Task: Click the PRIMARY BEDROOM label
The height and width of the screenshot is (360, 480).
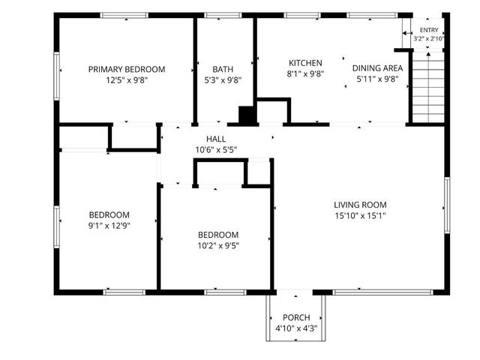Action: [127, 70]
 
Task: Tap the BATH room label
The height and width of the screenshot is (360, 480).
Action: [223, 70]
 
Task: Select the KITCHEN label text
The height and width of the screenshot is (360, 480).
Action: [305, 63]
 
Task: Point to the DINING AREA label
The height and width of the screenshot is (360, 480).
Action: [377, 68]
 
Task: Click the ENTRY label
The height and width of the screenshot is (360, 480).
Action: [429, 30]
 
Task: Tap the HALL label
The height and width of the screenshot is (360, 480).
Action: [216, 139]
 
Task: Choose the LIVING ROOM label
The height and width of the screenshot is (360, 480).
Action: [360, 205]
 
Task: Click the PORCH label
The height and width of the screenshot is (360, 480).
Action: [296, 317]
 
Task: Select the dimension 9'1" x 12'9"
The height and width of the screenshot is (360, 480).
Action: [109, 226]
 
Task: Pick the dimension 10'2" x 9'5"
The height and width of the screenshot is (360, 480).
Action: [218, 246]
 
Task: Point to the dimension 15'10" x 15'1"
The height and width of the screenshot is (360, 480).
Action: [360, 216]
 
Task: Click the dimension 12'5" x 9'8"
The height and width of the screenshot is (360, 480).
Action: [127, 80]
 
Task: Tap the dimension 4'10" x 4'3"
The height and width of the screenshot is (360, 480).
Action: [296, 328]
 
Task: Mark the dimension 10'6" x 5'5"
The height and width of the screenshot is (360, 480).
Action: [216, 150]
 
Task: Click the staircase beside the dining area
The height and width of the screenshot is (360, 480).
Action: [428, 87]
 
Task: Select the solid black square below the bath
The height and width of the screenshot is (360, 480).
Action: [247, 115]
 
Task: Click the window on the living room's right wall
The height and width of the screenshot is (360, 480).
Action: [447, 205]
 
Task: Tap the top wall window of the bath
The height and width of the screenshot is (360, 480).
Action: [223, 15]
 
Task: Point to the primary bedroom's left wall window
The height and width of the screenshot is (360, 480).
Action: [57, 76]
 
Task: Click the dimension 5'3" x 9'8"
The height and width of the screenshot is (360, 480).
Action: [223, 80]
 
